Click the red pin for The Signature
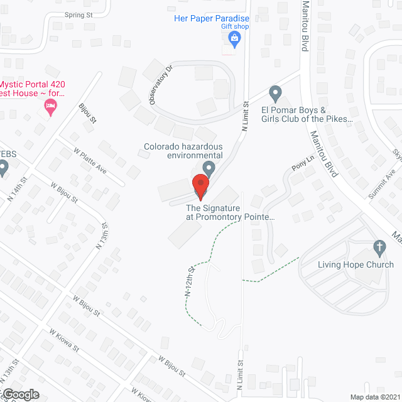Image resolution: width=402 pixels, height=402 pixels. coord(200,185)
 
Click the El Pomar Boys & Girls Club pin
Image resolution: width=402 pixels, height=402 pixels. coord(275,94)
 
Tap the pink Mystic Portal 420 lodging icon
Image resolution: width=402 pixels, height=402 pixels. coord(49,109)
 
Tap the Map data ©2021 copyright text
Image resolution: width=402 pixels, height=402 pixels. coord(374,397)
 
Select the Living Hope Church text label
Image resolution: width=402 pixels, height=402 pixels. coord(356,264)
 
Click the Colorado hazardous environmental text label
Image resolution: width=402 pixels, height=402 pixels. coord(183,151)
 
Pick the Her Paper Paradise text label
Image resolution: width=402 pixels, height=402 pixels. coord(212,19)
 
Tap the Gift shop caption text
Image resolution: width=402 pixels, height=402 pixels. coord(235,27)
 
